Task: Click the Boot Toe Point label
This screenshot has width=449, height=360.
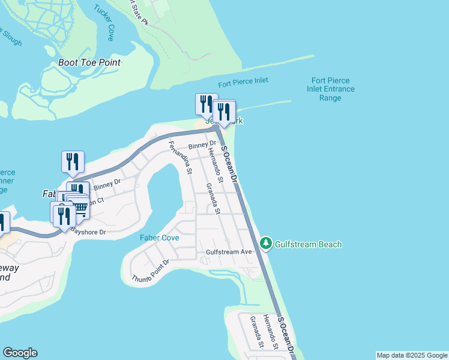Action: [89, 62]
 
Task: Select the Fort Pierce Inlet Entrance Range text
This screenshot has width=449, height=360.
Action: [330, 89]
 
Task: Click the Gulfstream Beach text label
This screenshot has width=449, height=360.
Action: [308, 244]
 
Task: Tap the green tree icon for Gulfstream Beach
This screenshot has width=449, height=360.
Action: [266, 244]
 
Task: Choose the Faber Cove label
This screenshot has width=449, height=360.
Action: [159, 238]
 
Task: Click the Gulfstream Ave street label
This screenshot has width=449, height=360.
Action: [228, 252]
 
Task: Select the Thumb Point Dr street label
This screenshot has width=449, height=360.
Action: [151, 271]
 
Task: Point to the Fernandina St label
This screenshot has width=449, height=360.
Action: [179, 157]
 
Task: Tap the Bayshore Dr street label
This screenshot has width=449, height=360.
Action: [89, 231]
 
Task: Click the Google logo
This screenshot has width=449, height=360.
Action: [20, 353]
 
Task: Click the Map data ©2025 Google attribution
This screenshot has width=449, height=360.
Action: [412, 355]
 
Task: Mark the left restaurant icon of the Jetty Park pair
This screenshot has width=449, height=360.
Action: [205, 104]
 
